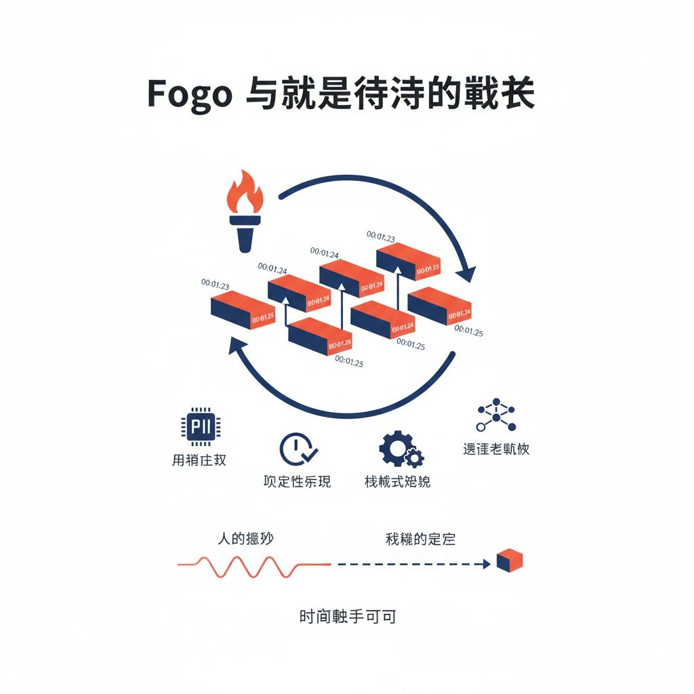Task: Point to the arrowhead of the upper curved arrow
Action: (465, 274)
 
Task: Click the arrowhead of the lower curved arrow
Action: (239, 347)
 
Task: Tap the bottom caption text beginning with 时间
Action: (348, 617)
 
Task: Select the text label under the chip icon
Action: (199, 460)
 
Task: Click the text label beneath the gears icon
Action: (397, 482)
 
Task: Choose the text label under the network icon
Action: (496, 449)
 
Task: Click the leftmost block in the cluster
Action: (242, 310)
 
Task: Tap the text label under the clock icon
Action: (297, 482)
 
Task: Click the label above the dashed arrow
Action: (420, 539)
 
